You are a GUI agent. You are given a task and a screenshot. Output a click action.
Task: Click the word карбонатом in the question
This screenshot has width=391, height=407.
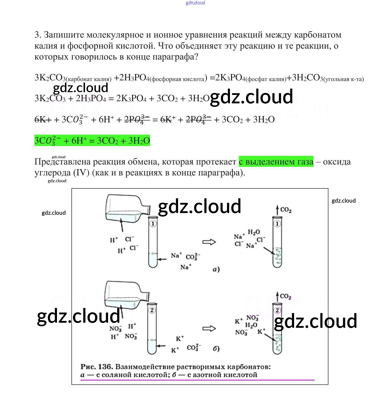[317, 35]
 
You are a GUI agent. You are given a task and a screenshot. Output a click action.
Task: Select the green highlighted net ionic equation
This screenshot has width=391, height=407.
[92, 140]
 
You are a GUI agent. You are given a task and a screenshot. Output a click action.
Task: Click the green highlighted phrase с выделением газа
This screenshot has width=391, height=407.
[276, 161]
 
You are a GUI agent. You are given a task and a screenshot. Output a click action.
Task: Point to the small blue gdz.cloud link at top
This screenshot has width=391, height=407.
[195, 3]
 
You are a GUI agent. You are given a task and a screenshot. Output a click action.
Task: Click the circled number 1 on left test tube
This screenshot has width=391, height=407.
[153, 224]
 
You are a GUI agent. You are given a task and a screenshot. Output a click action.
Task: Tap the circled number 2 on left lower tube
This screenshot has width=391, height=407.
[152, 310]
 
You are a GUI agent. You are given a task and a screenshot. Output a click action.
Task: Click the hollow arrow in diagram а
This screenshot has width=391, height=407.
[209, 242]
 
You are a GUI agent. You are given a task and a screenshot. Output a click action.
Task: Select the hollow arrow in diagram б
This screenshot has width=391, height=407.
[209, 329]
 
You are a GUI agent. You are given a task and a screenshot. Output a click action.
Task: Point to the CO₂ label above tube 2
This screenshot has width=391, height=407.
[285, 296]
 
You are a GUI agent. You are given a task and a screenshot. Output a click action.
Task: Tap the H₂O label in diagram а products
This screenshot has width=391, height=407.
[254, 232]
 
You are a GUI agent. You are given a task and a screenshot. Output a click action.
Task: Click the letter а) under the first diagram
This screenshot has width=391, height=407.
[216, 269]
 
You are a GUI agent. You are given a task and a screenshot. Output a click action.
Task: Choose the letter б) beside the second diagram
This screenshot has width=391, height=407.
[216, 349]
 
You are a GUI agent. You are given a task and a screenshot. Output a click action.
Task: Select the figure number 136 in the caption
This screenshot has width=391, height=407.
[105, 367]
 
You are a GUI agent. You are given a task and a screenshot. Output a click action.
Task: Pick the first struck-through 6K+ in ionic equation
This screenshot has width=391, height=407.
[43, 119]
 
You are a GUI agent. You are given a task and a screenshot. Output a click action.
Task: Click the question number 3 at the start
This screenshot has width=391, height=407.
[37, 35]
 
